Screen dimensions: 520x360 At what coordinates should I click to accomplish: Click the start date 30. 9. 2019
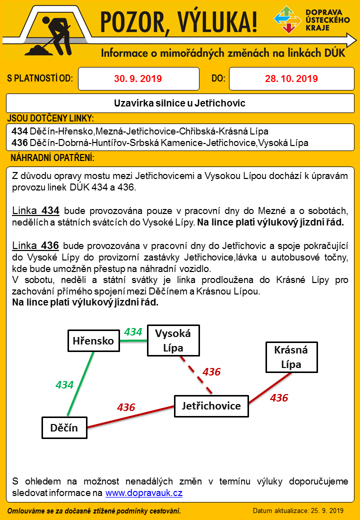138,78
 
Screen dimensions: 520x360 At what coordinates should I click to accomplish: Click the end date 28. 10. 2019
291,78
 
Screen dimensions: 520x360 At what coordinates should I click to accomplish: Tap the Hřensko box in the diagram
93,341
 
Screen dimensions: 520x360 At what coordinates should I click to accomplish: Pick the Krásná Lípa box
291,357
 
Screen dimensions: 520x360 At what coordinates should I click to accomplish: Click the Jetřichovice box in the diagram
211,406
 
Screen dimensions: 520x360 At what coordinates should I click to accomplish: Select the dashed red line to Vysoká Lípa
196,372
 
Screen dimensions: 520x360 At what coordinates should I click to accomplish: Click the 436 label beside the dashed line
211,371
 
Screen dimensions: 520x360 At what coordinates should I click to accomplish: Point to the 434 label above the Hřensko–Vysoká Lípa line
133,331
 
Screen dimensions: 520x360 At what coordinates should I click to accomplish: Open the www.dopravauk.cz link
143,493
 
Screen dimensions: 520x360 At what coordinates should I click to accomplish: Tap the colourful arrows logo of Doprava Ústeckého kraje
287,20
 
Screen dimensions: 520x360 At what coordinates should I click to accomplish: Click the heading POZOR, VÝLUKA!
179,23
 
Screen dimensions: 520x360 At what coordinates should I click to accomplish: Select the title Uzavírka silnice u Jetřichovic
179,103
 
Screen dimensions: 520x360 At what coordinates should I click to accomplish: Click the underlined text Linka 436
35,245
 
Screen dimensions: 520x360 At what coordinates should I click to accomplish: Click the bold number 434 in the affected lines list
19,131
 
